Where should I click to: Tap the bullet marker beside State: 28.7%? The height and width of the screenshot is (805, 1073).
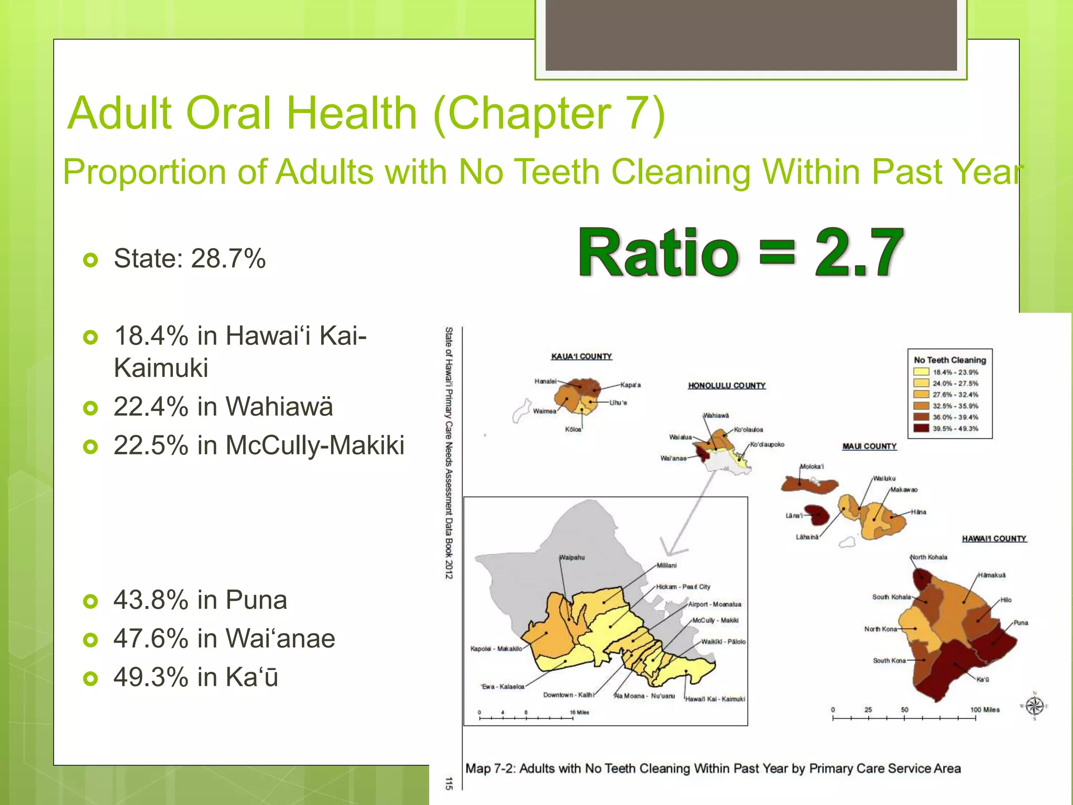click(x=91, y=259)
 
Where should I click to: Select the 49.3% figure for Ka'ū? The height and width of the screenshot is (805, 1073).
click(x=151, y=677)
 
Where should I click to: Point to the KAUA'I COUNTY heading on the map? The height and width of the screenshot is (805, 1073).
click(x=581, y=356)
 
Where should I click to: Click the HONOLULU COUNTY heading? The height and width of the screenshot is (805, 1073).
click(x=726, y=386)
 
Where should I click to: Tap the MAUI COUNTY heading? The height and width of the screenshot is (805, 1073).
click(x=869, y=447)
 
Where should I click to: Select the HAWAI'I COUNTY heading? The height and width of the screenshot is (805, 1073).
click(x=994, y=539)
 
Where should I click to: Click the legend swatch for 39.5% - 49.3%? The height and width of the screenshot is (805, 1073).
click(x=921, y=428)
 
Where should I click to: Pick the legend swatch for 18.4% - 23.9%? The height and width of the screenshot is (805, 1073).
click(x=921, y=372)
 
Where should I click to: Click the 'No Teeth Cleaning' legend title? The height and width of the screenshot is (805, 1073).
click(x=949, y=360)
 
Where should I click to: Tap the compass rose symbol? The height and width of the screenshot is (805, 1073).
click(x=1034, y=706)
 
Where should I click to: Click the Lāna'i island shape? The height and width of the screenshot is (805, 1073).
click(x=817, y=515)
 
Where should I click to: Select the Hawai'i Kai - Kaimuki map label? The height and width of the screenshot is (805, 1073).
click(x=715, y=699)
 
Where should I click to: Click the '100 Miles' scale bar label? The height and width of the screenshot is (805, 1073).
click(x=984, y=710)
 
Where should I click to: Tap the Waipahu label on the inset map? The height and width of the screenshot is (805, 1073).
click(x=572, y=557)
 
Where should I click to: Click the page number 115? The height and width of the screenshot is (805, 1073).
click(x=448, y=784)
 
